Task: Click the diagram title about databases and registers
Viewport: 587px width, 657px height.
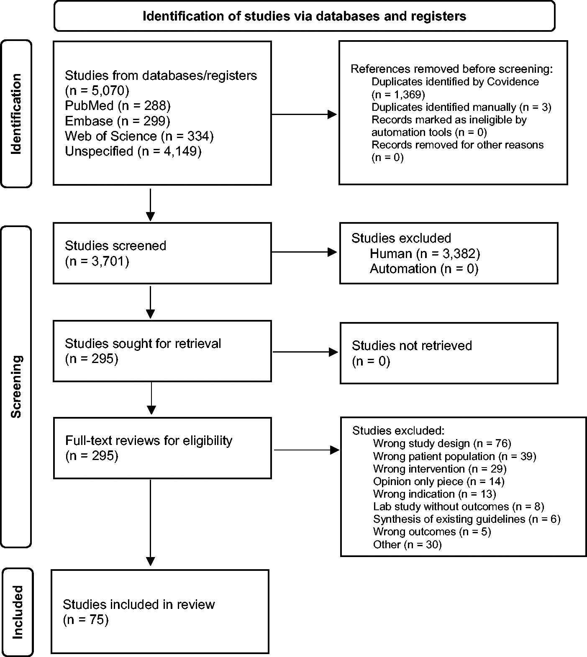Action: click(304, 16)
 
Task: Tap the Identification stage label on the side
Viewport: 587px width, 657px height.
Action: click(16, 114)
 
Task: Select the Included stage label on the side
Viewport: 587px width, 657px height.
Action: click(17, 612)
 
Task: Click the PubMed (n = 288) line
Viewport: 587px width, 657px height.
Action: click(118, 105)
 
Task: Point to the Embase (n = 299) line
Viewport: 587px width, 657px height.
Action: click(118, 121)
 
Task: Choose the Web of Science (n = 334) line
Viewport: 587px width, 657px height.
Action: click(139, 136)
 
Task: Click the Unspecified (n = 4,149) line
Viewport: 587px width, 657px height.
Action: click(133, 151)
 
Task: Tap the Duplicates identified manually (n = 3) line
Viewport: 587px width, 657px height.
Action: click(461, 107)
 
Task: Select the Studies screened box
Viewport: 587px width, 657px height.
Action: click(162, 253)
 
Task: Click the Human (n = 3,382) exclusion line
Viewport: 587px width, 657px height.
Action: click(425, 253)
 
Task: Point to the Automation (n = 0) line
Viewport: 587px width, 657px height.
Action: click(424, 268)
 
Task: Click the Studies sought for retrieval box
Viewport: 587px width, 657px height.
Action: click(162, 351)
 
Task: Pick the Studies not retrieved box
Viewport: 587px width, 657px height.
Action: click(449, 353)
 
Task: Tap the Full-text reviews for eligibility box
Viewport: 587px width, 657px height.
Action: click(162, 448)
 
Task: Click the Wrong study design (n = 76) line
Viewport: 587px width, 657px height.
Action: click(442, 443)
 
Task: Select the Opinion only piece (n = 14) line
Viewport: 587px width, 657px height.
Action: click(439, 481)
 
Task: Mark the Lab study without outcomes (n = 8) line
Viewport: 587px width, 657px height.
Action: click(459, 506)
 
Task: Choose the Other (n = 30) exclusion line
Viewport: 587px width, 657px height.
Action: click(408, 544)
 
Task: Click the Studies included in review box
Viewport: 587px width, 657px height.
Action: click(160, 611)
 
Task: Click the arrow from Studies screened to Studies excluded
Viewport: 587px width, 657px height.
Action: click(305, 252)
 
